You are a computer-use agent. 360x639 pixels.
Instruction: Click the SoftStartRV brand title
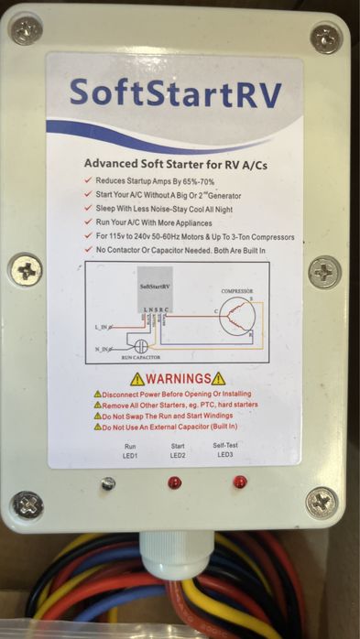point(175,94)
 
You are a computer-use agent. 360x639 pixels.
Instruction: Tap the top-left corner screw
point(27,31)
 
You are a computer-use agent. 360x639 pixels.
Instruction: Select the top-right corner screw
point(325,38)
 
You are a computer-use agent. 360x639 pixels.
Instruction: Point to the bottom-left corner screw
point(27,504)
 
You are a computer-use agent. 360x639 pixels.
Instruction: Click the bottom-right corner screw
point(321,503)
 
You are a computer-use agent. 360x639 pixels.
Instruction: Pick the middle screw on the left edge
point(26,270)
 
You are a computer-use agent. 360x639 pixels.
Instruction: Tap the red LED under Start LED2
point(175,482)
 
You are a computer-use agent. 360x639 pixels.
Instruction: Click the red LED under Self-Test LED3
point(240,482)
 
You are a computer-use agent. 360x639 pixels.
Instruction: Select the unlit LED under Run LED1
point(108,483)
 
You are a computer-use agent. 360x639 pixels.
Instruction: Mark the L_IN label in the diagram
point(102,327)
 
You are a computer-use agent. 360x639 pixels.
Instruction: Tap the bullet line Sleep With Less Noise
point(174,208)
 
